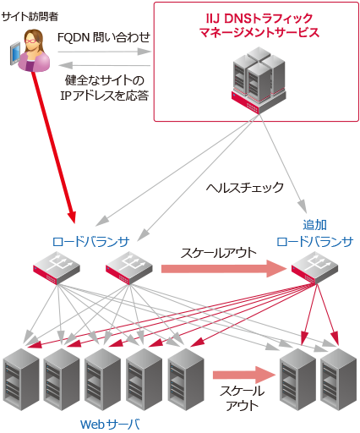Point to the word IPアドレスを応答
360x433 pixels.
tap(105, 96)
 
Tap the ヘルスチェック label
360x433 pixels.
tap(245, 187)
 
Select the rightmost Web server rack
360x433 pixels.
tap(339, 376)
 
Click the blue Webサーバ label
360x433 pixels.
tap(109, 422)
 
